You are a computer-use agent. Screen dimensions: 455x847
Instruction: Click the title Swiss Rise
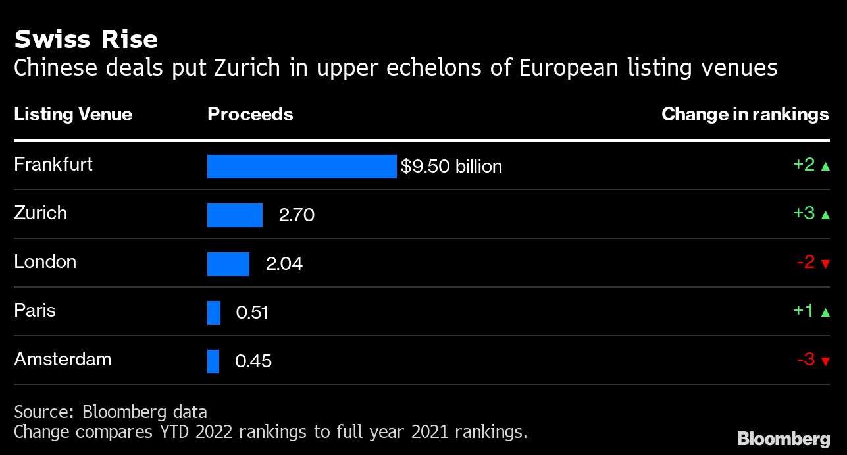click(86, 40)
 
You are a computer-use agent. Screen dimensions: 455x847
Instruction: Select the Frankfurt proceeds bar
click(301, 167)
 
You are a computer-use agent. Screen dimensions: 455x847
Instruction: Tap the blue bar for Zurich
click(235, 215)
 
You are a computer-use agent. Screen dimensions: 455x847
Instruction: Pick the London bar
click(228, 264)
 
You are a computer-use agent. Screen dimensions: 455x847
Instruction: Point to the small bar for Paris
click(214, 312)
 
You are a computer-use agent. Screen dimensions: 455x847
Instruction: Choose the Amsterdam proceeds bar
click(213, 361)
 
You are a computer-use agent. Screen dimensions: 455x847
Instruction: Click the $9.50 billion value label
click(451, 167)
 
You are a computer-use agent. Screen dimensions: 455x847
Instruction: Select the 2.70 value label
click(297, 215)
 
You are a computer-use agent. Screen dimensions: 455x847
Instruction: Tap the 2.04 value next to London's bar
click(284, 264)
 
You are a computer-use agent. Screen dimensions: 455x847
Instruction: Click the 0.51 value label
click(252, 312)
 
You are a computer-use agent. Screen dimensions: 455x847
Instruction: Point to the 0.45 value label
click(253, 361)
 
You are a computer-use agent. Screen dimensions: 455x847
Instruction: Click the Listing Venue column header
click(73, 115)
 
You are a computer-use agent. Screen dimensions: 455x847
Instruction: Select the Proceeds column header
click(250, 115)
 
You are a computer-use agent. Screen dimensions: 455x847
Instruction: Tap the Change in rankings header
click(745, 115)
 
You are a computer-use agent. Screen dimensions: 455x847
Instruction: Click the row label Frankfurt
click(53, 164)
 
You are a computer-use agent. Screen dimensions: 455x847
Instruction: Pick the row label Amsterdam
click(63, 360)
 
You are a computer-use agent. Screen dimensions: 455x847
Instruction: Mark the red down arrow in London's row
click(825, 264)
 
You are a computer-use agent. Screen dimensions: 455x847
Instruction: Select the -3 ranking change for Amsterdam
click(806, 360)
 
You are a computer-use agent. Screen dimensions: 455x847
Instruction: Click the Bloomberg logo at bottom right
click(783, 439)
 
